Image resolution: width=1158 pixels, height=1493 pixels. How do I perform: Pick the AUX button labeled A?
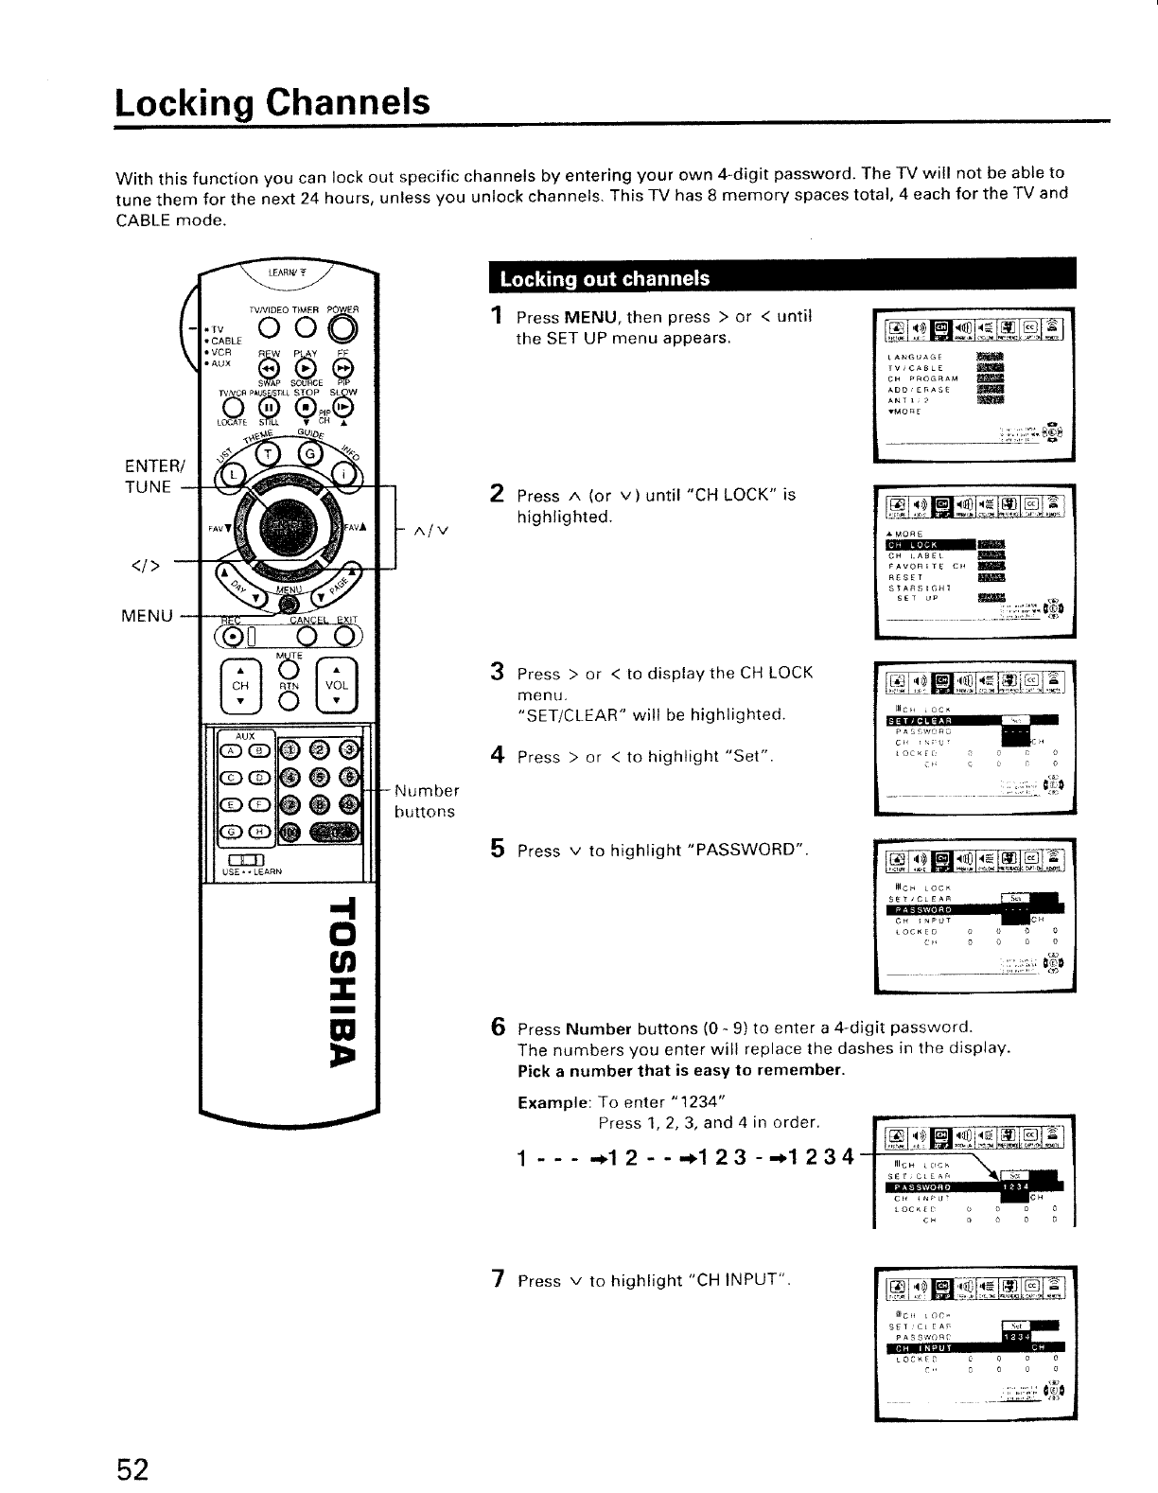click(x=230, y=752)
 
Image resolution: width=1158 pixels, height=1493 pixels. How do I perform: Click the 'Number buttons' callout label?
click(x=426, y=800)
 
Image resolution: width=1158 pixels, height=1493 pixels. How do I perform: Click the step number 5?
click(x=497, y=849)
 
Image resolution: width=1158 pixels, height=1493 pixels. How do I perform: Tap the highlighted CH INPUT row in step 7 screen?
click(x=974, y=1347)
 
